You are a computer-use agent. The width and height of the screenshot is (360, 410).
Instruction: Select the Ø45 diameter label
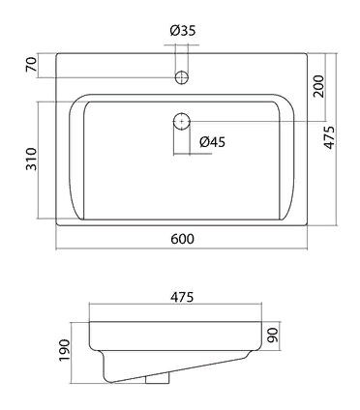(x=213, y=143)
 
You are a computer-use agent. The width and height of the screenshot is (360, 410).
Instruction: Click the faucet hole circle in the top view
(x=180, y=74)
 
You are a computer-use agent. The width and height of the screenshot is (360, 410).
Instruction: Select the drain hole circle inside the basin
(x=180, y=121)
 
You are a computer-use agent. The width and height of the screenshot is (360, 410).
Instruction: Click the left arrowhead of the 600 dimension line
(x=57, y=249)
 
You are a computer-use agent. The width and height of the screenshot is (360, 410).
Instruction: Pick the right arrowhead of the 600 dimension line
(x=303, y=249)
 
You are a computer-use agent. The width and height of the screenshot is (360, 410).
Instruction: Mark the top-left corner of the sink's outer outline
(x=57, y=49)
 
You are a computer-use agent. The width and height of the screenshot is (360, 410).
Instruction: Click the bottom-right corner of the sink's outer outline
(x=303, y=228)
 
